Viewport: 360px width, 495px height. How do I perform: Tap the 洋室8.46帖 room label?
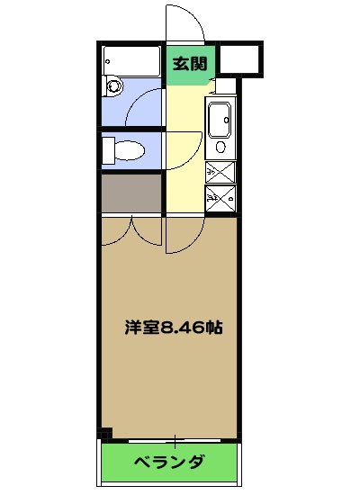[173, 328]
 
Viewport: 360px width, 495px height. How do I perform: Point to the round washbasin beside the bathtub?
[112, 86]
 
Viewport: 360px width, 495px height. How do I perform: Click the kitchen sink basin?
[220, 120]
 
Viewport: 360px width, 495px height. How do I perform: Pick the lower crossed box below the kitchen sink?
[220, 199]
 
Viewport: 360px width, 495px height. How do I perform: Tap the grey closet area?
[130, 193]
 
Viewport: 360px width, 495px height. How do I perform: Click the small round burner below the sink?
[220, 147]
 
